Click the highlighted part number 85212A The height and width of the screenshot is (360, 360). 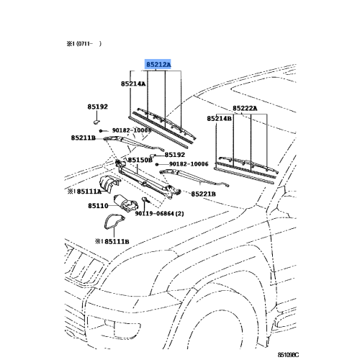point(158,65)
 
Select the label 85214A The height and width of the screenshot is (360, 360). point(133,84)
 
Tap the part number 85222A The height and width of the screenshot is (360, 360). point(245,109)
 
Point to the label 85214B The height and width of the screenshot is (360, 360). point(220,119)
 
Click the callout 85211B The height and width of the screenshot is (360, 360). point(84,138)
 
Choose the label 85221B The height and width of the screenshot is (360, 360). point(203,194)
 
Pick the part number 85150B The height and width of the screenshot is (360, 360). point(140,160)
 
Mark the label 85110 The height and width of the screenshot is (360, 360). point(98,206)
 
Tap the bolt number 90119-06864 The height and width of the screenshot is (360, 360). point(154,213)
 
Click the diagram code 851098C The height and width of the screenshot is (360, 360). point(288,355)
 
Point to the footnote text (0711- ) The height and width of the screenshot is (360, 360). point(89,44)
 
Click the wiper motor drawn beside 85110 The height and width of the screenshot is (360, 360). point(125,203)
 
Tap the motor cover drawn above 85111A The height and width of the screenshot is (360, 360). point(109,184)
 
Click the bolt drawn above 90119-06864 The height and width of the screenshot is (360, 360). point(145,199)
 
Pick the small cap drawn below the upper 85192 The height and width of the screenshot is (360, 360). point(96,122)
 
